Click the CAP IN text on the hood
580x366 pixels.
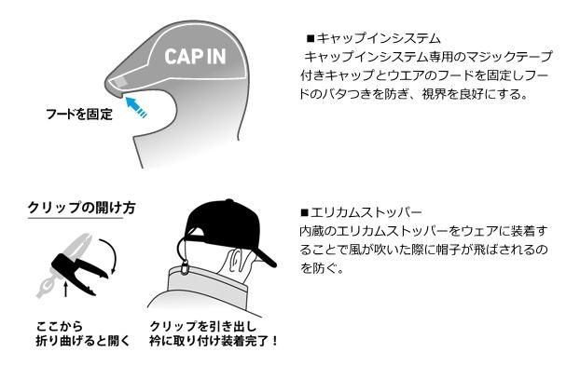(x=195, y=57)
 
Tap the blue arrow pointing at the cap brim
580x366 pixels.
(x=135, y=106)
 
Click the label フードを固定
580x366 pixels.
(x=78, y=114)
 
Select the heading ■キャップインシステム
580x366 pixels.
(x=374, y=38)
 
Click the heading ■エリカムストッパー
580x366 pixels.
(x=362, y=212)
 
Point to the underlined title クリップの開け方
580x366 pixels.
(x=81, y=208)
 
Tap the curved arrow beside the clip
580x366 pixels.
(x=110, y=255)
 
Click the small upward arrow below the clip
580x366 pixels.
(x=66, y=289)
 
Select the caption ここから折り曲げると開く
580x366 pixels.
(x=83, y=333)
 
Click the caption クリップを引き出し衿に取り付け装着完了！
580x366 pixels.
(x=214, y=333)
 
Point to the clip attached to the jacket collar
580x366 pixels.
(x=184, y=267)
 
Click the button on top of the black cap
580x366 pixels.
(x=229, y=201)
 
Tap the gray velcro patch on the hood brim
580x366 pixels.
(x=119, y=84)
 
